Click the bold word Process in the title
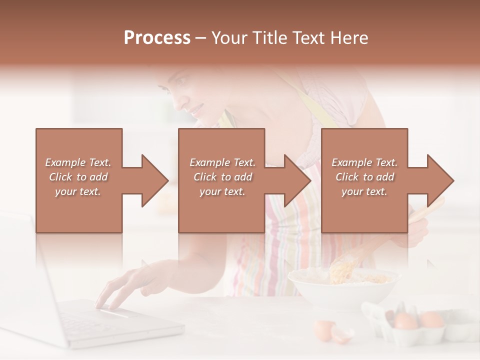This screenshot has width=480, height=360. [157, 38]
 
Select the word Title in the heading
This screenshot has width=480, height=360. [269, 38]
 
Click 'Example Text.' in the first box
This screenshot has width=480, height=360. [78, 162]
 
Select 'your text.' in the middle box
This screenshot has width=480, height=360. [222, 191]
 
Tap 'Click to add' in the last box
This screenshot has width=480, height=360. [364, 177]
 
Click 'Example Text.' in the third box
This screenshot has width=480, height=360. [364, 162]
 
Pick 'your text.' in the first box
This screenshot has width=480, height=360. [78, 191]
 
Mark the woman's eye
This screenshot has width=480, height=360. [181, 81]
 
